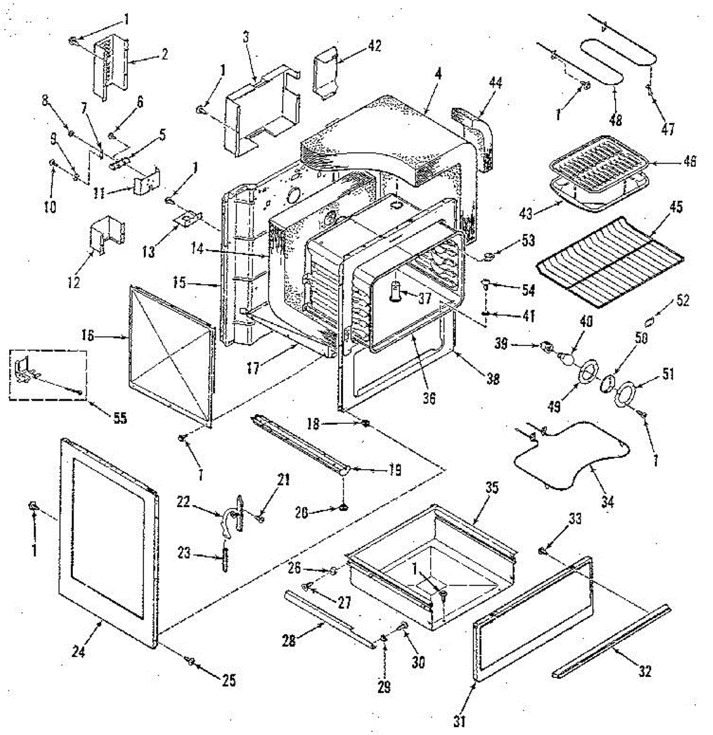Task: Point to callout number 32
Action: pos(644,671)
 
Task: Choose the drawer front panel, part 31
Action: pos(533,619)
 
